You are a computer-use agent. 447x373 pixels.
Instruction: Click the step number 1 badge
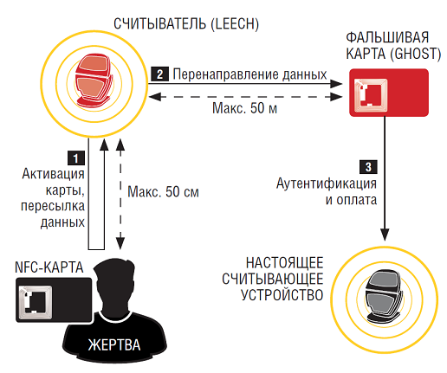coord(76,158)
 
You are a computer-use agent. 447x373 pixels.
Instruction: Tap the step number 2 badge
coord(159,74)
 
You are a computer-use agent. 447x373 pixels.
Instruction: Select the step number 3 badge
coord(368,167)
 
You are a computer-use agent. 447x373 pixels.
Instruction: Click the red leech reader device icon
coord(93,80)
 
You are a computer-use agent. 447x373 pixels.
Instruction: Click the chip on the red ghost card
coord(371,94)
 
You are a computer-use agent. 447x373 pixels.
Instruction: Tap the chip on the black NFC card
coord(36,302)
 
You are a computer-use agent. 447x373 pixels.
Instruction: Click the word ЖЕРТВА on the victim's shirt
coord(114,344)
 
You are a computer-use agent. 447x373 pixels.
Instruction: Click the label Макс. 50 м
coord(245,108)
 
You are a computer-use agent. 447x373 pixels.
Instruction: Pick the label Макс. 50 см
coord(164,192)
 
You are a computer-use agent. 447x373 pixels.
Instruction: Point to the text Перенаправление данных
coord(249,74)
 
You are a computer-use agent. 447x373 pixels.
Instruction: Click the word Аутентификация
coord(327,183)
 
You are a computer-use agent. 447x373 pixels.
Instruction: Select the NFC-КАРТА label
coord(49,267)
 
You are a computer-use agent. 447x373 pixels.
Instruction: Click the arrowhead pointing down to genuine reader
coord(385,235)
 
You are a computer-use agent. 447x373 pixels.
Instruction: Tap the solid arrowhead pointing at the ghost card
coord(336,84)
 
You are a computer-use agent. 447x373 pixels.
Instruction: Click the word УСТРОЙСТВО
coord(282,295)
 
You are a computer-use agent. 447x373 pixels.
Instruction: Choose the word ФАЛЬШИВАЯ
coord(387,37)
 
